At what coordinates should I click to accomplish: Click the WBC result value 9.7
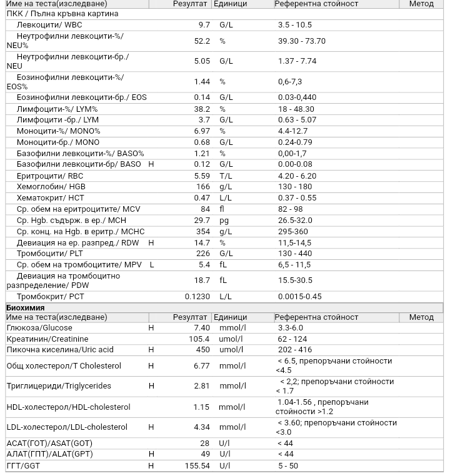pyautogui.click(x=204, y=25)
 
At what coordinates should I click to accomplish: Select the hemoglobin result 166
pyautogui.click(x=202, y=187)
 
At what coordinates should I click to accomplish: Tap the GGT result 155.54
pyautogui.click(x=197, y=466)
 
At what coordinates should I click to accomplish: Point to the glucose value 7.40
pyautogui.click(x=202, y=328)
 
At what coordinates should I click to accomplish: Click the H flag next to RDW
pyautogui.click(x=151, y=243)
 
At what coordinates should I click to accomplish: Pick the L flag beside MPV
pyautogui.click(x=152, y=265)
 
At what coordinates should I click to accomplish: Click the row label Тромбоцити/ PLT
pyautogui.click(x=49, y=254)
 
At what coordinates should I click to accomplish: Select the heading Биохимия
pyautogui.click(x=25, y=308)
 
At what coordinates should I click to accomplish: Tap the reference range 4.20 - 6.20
pyautogui.click(x=297, y=176)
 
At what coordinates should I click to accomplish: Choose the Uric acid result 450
pyautogui.click(x=202, y=350)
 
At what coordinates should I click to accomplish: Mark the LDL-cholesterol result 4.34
pyautogui.click(x=202, y=427)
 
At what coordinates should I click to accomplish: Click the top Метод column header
pyautogui.click(x=421, y=4)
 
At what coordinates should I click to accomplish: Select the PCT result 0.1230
pyautogui.click(x=197, y=297)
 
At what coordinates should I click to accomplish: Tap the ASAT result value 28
pyautogui.click(x=205, y=444)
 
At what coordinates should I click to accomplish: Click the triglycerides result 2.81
pyautogui.click(x=202, y=386)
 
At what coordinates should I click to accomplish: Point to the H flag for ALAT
pyautogui.click(x=151, y=454)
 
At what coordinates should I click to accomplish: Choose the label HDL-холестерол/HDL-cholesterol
pyautogui.click(x=68, y=407)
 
